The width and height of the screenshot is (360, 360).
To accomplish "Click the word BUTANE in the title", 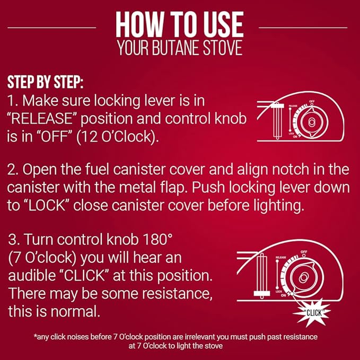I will (x=180, y=48).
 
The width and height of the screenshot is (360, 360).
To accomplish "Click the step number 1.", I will (x=11, y=100).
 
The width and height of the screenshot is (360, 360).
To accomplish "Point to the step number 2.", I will (x=12, y=170).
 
